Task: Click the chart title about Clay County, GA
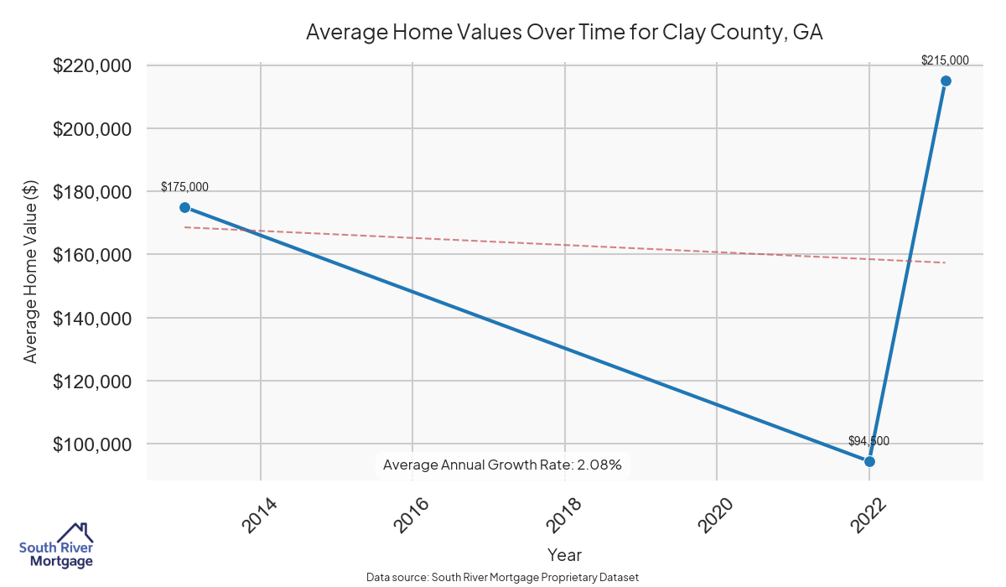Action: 564,33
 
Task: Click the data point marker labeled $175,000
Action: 184,207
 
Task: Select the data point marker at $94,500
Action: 869,461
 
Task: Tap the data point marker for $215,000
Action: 946,81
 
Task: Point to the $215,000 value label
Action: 945,60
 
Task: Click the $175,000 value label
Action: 184,187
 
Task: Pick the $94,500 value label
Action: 869,441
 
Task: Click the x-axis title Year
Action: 564,555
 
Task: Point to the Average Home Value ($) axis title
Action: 31,273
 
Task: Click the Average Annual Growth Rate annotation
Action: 502,465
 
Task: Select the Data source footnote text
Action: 503,578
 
